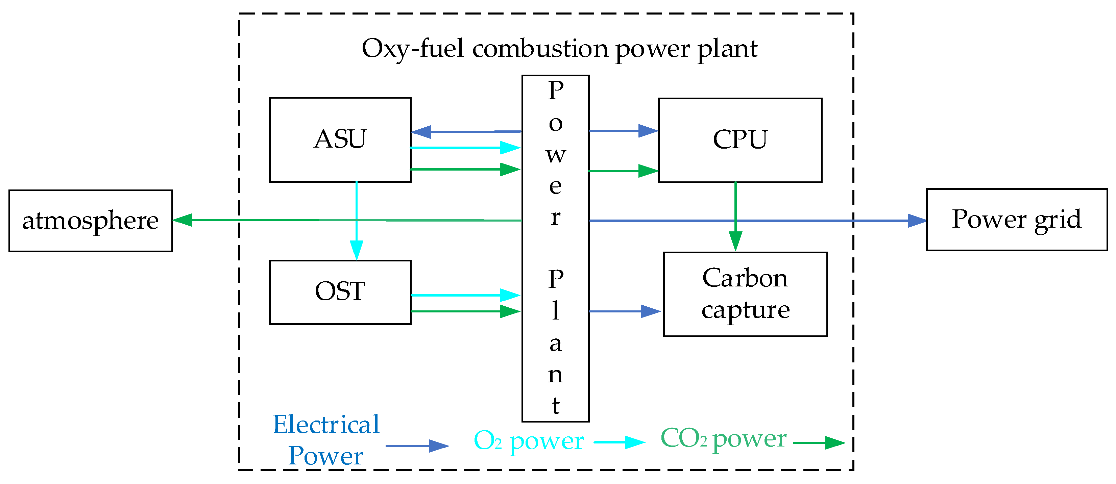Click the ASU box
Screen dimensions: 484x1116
point(340,139)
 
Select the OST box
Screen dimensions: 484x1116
point(340,292)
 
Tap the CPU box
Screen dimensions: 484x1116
point(739,140)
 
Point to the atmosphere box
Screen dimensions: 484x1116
point(91,221)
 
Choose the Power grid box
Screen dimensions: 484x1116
point(1017,220)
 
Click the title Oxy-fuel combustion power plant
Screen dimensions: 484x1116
point(559,49)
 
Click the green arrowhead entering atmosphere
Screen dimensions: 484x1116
point(183,220)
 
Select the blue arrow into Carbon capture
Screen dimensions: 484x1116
point(624,311)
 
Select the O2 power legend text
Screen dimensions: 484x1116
point(529,441)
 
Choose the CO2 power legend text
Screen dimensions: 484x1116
point(723,439)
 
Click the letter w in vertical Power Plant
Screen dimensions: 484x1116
point(555,155)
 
